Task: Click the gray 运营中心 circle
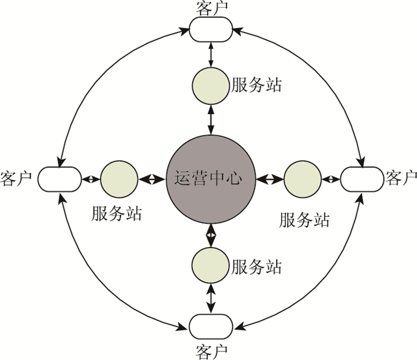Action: point(210,178)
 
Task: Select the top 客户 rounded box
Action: point(210,29)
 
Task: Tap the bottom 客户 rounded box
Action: point(210,327)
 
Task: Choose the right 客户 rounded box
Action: point(361,179)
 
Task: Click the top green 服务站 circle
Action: point(210,84)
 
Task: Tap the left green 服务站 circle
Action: point(119,179)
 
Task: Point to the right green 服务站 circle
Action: point(302,179)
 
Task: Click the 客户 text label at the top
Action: point(210,8)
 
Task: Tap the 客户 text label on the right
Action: point(400,178)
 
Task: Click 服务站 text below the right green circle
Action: point(304,220)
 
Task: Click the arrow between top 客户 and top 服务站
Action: point(210,55)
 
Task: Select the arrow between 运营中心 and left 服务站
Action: point(152,179)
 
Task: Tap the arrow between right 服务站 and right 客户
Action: point(329,179)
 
